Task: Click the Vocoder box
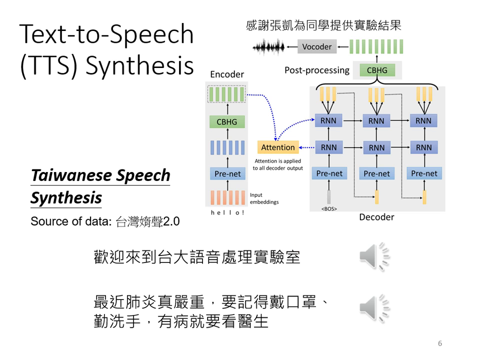pyautogui.click(x=317, y=47)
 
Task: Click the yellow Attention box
pyautogui.click(x=278, y=147)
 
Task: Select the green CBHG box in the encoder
pyautogui.click(x=227, y=122)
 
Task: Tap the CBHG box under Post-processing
pyautogui.click(x=377, y=70)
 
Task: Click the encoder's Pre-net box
pyautogui.click(x=227, y=174)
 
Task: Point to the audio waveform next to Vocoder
pyautogui.click(x=268, y=47)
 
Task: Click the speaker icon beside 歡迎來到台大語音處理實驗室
pyautogui.click(x=374, y=257)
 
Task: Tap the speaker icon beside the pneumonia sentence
pyautogui.click(x=374, y=308)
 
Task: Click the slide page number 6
pyautogui.click(x=440, y=343)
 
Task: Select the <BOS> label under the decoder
pyautogui.click(x=329, y=208)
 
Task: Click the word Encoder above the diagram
pyautogui.click(x=227, y=74)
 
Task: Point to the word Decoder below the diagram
pyautogui.click(x=376, y=217)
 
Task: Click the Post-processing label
pyautogui.click(x=317, y=70)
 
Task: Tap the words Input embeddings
pyautogui.click(x=264, y=198)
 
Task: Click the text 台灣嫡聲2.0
pyautogui.click(x=147, y=221)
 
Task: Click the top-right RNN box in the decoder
pyautogui.click(x=423, y=120)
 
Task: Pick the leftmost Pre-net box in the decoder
pyautogui.click(x=329, y=173)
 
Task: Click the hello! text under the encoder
pyautogui.click(x=227, y=213)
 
